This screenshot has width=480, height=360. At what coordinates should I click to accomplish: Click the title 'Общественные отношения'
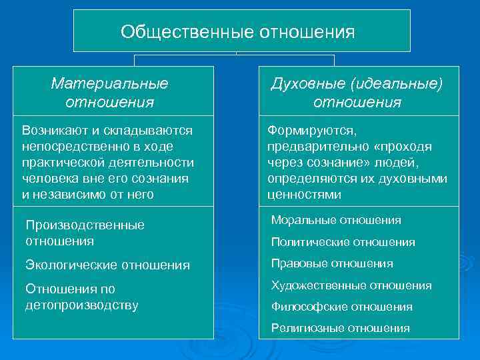[x=237, y=31]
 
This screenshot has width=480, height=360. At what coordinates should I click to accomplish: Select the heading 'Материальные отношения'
[x=110, y=93]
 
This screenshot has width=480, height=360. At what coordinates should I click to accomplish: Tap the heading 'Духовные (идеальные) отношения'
[x=357, y=93]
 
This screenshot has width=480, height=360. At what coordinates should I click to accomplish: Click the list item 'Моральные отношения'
[x=336, y=220]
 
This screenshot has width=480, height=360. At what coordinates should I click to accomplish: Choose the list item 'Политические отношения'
[x=343, y=242]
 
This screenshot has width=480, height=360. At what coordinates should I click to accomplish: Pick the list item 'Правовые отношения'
[x=332, y=263]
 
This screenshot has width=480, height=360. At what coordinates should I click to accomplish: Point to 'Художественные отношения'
[x=351, y=285]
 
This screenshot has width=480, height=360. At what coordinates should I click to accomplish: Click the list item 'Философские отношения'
[x=341, y=307]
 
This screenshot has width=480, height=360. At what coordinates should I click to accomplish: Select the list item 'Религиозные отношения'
[x=340, y=328]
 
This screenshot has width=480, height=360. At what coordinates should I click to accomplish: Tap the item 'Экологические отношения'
[x=107, y=265]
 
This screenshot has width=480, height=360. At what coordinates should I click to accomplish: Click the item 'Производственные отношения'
[x=85, y=233]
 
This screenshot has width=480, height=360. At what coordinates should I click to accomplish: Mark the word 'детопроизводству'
[x=81, y=305]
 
